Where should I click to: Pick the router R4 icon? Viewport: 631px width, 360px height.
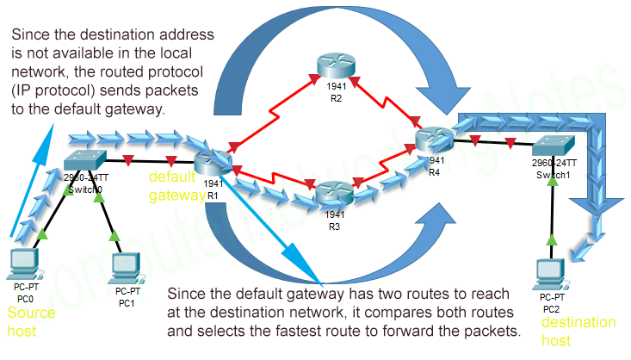tap(433, 139)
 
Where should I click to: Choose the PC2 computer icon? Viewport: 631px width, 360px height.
tap(549, 274)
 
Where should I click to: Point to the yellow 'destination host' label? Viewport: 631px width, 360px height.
tap(578, 331)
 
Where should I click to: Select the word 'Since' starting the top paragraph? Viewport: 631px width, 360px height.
tap(32, 35)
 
